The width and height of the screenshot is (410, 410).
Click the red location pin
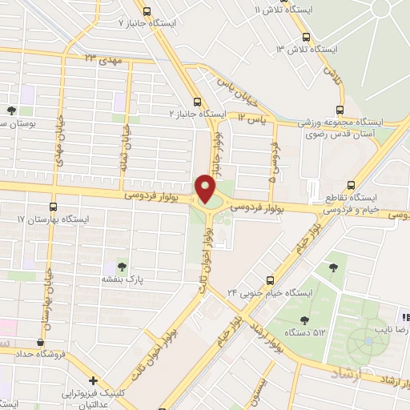pos(206,188)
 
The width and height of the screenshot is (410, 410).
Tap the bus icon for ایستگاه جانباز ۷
pos(146,11)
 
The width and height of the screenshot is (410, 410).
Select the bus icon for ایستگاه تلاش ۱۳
pos(306,37)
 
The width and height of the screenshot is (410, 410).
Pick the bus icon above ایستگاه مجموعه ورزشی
pos(340,110)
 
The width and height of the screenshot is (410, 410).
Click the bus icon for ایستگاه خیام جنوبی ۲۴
pos(270,280)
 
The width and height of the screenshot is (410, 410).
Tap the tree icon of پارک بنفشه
pos(122,266)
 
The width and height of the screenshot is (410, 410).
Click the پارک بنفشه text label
pos(122,280)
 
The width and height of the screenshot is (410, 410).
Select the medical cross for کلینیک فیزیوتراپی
pos(94,380)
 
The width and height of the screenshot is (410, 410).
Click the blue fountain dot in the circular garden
pos(368,342)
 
